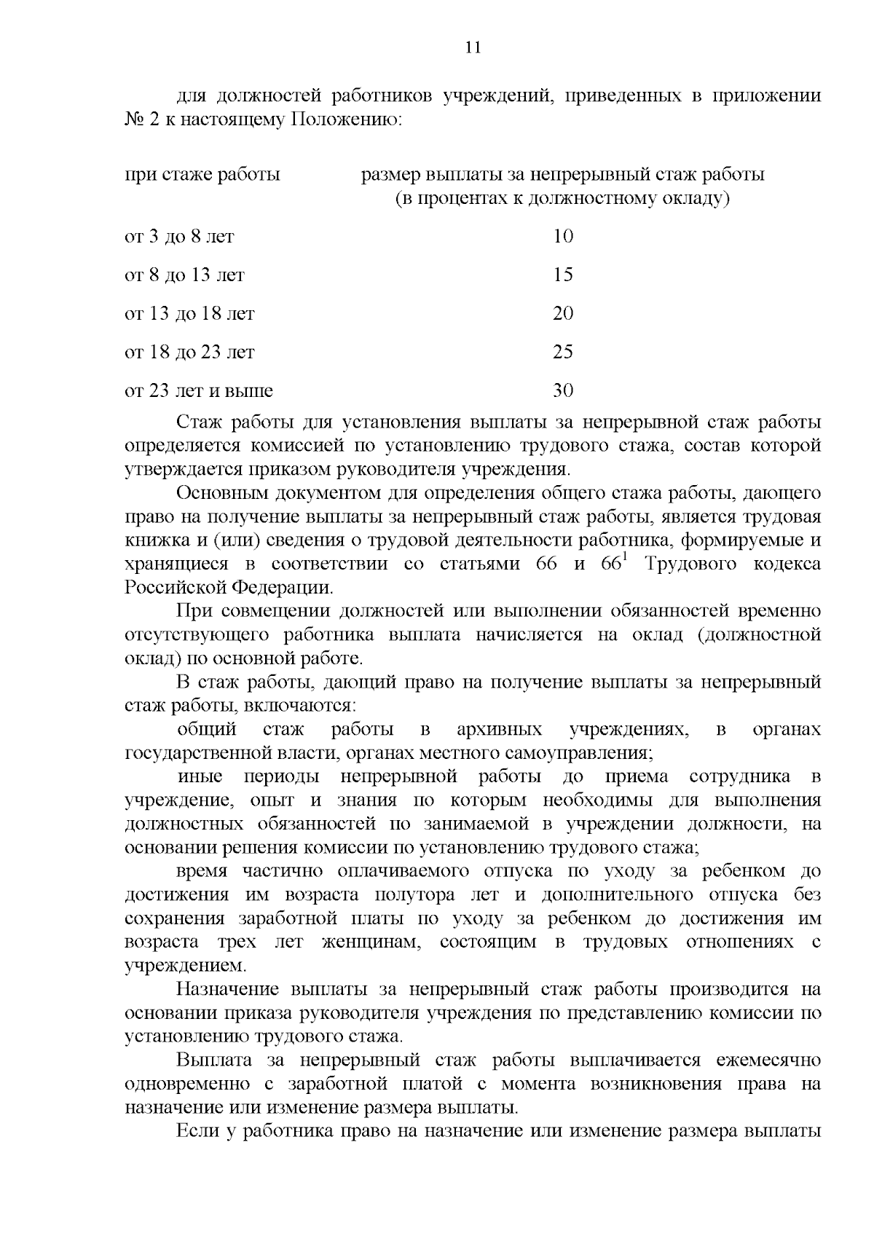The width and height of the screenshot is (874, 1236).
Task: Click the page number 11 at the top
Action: (473, 47)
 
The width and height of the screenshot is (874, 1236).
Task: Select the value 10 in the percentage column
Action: (563, 236)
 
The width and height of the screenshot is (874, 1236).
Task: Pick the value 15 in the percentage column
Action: (563, 275)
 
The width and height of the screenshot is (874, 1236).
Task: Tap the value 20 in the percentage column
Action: (563, 313)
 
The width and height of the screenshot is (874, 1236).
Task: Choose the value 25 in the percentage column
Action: (563, 352)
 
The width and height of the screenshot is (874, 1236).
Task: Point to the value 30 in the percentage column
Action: (563, 390)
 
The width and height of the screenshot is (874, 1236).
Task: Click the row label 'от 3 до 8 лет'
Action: (180, 236)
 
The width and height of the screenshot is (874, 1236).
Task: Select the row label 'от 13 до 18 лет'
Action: (190, 313)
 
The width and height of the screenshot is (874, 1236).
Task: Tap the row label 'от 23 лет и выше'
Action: (199, 390)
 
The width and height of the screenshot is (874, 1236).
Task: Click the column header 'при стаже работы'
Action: (202, 175)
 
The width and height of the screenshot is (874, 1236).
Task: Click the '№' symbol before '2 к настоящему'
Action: (134, 119)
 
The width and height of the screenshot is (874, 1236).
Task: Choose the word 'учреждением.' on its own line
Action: (186, 966)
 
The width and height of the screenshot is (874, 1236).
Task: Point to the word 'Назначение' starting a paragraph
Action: (227, 989)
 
